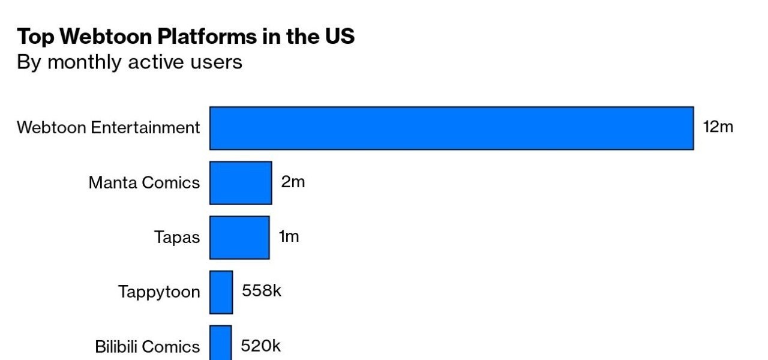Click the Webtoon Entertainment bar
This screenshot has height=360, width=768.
(451, 128)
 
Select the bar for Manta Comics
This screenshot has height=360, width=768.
(241, 182)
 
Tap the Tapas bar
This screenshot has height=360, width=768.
(239, 237)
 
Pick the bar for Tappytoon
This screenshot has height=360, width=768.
(221, 292)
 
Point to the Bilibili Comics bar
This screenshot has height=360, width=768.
(220, 343)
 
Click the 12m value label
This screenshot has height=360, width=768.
(718, 127)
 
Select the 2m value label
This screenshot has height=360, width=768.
(293, 182)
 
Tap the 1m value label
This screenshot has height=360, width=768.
(289, 236)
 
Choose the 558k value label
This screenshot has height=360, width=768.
(262, 291)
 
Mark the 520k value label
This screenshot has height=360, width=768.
(260, 346)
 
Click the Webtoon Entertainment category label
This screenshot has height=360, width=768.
(109, 128)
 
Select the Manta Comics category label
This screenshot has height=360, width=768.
(144, 182)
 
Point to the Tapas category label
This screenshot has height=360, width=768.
(177, 237)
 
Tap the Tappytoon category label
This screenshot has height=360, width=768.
(159, 292)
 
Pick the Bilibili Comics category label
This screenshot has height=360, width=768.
(148, 347)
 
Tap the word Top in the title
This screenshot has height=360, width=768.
(36, 37)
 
